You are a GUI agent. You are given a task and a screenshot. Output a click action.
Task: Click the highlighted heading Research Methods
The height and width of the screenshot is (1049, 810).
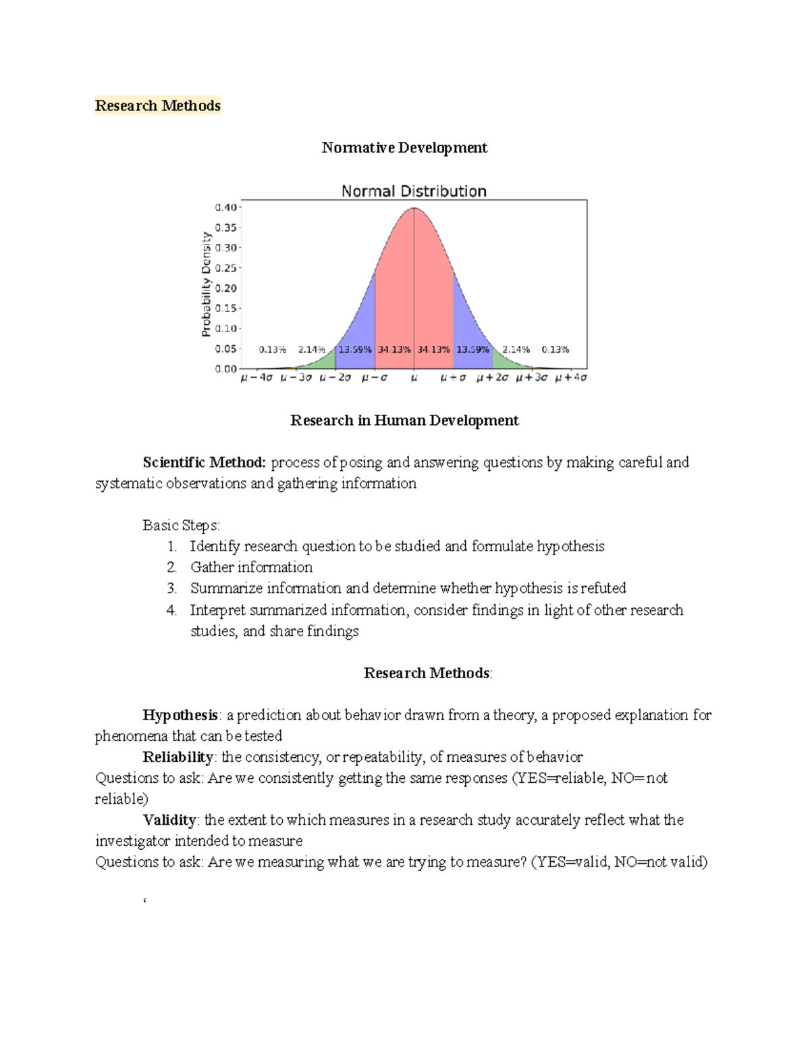click(157, 105)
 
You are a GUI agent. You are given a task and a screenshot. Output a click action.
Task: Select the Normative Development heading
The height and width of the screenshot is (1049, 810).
click(404, 147)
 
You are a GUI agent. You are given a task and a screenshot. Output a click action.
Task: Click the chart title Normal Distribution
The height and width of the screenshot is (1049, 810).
click(413, 191)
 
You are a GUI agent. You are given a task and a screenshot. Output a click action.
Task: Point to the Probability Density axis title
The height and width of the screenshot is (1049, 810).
click(206, 284)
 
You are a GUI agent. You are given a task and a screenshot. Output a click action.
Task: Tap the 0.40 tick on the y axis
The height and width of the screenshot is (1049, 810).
click(225, 207)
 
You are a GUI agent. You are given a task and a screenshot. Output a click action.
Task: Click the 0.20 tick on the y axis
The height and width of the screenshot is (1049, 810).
click(225, 288)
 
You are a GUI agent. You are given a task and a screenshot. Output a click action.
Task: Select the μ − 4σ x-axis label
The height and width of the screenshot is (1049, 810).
click(256, 378)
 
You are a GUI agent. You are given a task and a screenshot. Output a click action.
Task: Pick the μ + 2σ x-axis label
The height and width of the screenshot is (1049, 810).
click(492, 378)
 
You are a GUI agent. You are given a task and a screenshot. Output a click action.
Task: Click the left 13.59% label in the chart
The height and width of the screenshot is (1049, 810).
click(354, 350)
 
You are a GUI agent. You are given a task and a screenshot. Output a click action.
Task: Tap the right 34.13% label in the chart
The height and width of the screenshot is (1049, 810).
click(433, 350)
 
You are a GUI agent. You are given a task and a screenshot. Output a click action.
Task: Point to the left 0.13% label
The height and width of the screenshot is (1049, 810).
click(273, 350)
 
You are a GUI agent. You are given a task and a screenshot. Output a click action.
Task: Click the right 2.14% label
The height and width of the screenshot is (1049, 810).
click(516, 350)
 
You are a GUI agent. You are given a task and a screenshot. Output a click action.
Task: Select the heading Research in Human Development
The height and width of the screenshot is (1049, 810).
click(404, 420)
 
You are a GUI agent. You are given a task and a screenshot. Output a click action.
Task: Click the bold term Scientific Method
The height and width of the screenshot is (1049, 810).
click(205, 463)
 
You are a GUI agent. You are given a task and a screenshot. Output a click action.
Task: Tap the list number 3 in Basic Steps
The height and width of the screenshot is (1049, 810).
click(171, 588)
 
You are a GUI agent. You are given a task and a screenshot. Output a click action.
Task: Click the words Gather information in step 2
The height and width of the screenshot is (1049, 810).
click(251, 567)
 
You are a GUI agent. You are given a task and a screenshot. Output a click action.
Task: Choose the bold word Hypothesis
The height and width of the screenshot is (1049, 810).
click(180, 715)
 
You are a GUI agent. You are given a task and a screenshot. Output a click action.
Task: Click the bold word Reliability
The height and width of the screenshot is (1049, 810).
click(178, 757)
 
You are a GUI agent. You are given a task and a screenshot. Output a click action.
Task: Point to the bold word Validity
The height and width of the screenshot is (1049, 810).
click(169, 820)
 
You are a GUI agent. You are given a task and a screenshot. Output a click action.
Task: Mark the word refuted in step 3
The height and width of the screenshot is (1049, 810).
click(603, 588)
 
